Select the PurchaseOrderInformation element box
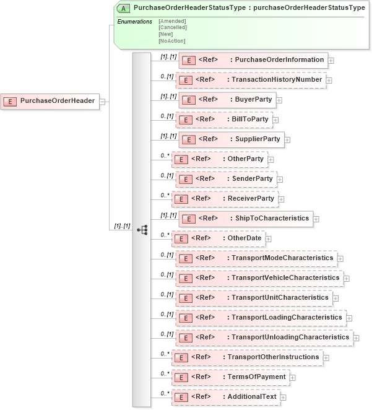click(x=253, y=60)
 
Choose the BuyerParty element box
click(x=227, y=100)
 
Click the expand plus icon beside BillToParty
click(x=276, y=120)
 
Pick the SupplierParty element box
click(x=231, y=139)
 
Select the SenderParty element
click(x=226, y=179)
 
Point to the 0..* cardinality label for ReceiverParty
click(x=165, y=195)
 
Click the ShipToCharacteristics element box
click(x=246, y=219)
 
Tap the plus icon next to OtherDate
click(x=269, y=238)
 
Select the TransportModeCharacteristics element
click(x=256, y=258)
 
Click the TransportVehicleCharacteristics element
click(x=259, y=278)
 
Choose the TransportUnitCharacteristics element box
click(x=254, y=298)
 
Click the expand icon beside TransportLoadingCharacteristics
click(x=350, y=318)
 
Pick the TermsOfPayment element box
click(x=230, y=377)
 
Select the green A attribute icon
click(x=123, y=9)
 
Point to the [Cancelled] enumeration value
click(x=172, y=27)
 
